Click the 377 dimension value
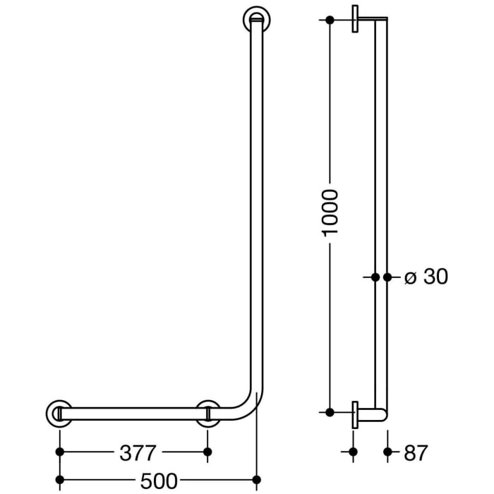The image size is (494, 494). tap(133, 452)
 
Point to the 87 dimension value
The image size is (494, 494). tap(415, 452)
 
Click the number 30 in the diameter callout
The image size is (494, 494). tap(435, 277)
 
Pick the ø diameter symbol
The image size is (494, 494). tap(411, 278)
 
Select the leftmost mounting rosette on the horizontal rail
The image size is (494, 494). tap(59, 413)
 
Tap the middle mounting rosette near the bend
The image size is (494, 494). tap(207, 413)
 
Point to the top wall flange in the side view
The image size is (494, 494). tap(355, 20)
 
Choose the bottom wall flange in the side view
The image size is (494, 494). tap(355, 413)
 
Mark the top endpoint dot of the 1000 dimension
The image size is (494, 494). tap(330, 20)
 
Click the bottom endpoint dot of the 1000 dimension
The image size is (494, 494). tap(330, 411)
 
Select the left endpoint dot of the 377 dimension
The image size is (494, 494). tap(60, 451)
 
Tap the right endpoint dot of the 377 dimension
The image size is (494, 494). tap(207, 451)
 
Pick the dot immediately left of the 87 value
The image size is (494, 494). tap(387, 451)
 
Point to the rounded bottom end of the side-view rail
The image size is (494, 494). tap(382, 416)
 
